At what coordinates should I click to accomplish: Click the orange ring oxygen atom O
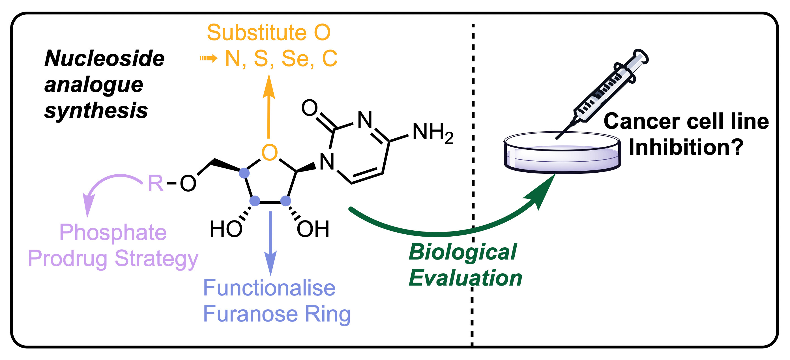(269, 153)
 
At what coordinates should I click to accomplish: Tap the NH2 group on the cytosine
(432, 132)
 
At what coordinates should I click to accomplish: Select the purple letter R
(156, 183)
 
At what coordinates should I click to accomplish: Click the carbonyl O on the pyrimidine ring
(309, 108)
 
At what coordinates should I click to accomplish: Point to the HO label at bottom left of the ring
(226, 229)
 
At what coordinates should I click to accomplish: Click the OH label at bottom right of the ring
(313, 229)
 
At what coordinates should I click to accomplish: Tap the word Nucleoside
(104, 58)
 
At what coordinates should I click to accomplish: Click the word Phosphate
(113, 232)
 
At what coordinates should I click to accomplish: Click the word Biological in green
(462, 252)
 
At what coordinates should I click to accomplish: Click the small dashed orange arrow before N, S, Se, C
(209, 58)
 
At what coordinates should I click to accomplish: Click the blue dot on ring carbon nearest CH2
(244, 173)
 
